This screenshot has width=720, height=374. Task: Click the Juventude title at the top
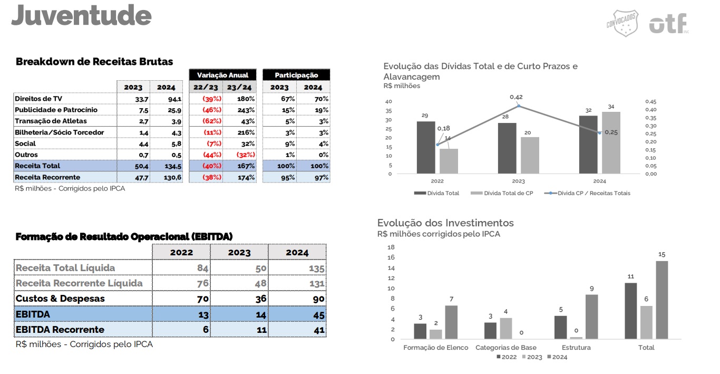[x=82, y=15]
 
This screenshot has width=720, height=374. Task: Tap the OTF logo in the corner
[x=668, y=24]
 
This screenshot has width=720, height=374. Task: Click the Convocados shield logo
[x=622, y=24]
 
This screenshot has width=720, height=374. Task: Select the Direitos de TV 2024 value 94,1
[x=174, y=99]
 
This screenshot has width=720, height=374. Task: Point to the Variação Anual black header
[x=222, y=75]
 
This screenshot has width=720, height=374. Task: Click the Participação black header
[x=296, y=75]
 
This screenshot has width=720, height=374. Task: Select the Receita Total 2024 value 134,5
[x=172, y=166]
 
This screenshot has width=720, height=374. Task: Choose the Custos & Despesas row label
[x=60, y=299]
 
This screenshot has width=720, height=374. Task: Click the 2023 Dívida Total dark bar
[x=507, y=148]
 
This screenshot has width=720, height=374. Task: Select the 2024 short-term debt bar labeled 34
[x=611, y=142]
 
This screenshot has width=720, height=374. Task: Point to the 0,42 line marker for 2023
[x=518, y=106]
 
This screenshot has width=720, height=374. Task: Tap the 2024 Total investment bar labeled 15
[x=662, y=300]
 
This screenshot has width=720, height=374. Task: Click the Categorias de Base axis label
[x=506, y=348]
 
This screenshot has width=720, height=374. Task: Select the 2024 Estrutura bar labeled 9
[x=591, y=317]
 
